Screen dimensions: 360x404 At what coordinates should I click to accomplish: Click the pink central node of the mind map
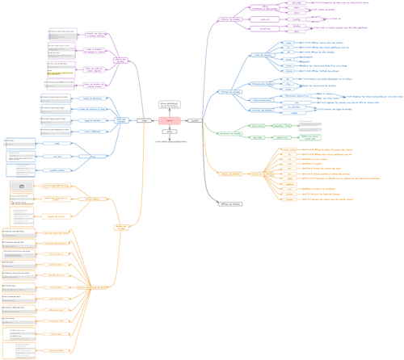tap(168, 120)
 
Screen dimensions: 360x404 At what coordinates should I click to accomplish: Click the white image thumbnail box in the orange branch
tap(22, 186)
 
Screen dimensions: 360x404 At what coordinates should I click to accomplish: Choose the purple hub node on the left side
tap(121, 61)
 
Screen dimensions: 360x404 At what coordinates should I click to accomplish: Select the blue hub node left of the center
tap(123, 120)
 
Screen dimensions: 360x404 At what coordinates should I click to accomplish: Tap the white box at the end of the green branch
tap(310, 127)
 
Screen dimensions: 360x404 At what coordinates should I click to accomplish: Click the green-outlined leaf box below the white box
tap(310, 136)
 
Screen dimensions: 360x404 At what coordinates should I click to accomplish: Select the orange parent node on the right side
tap(230, 174)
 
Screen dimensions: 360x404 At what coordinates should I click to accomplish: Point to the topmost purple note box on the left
tap(63, 33)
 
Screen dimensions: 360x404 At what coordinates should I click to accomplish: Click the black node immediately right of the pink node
tap(192, 120)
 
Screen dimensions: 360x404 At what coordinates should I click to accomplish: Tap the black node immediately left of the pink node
tap(145, 120)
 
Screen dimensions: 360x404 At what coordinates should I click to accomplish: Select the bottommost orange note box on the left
tap(19, 350)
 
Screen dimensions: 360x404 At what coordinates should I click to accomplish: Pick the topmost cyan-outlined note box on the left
tap(21, 143)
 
